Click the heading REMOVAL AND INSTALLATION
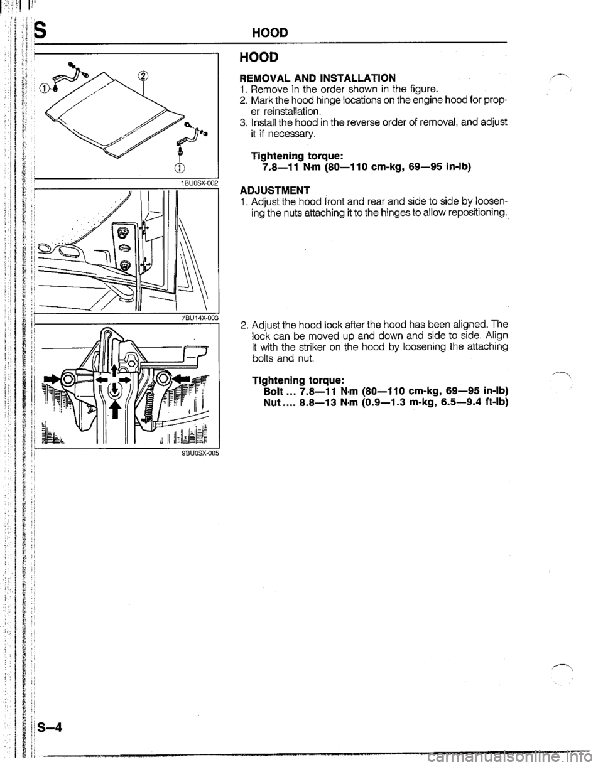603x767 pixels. click(317, 78)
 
